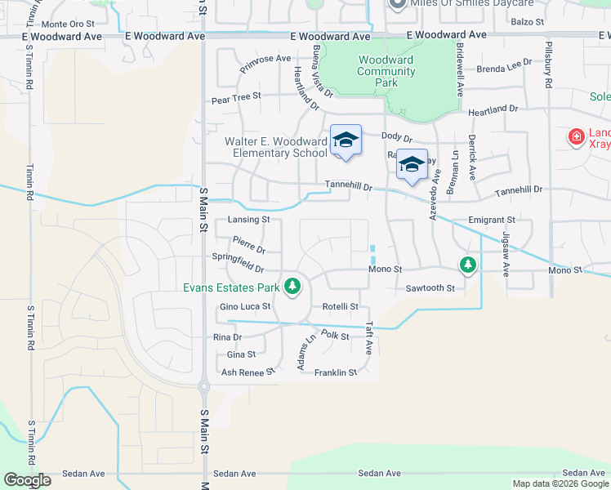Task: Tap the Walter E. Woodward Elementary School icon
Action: click(346, 140)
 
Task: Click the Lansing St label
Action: click(248, 220)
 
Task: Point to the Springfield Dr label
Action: click(238, 262)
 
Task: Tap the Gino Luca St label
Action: click(244, 307)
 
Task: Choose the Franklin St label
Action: click(336, 372)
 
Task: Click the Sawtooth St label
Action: click(430, 288)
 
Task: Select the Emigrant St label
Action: click(492, 220)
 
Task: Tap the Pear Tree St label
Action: click(235, 96)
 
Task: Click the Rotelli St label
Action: click(341, 307)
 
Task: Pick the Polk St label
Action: click(335, 335)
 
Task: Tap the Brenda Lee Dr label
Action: click(498, 69)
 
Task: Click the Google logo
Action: click(27, 480)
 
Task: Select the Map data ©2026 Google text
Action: click(560, 483)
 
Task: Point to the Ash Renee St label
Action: click(248, 372)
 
